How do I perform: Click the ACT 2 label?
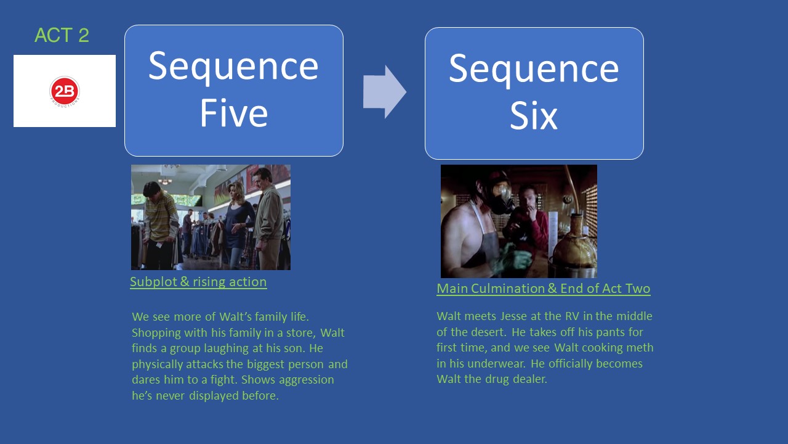(62, 36)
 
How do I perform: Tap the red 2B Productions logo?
(65, 91)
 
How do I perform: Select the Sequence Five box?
(234, 91)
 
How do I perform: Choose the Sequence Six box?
(534, 93)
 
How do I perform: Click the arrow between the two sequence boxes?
(384, 91)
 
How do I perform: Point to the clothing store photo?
(211, 217)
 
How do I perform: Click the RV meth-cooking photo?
(518, 221)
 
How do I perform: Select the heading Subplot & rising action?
(198, 282)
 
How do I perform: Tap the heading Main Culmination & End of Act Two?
(543, 289)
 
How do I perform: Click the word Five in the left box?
(234, 114)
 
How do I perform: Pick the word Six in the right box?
(534, 117)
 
